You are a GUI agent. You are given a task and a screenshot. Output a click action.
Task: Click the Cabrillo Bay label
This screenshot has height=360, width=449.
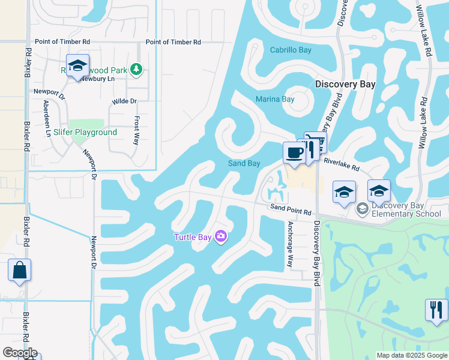coord(291,50)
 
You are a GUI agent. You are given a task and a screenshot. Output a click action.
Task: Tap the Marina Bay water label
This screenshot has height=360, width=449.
coord(275,99)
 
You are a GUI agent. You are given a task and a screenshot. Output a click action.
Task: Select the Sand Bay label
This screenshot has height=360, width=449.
coord(244,163)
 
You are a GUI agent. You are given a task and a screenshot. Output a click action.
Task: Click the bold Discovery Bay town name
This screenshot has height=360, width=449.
coord(345,84)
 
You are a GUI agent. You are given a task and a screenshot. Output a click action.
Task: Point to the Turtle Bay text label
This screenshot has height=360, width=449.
coord(193,237)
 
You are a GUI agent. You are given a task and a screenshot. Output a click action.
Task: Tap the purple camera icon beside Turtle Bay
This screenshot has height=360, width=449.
coord(221,237)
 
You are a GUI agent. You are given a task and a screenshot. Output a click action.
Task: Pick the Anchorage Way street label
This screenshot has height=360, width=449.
coord(290,244)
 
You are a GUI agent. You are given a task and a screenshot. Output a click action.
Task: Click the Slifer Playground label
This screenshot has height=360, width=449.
coord(85,132)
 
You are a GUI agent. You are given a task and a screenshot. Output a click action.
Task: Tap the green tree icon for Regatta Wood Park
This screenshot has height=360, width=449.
coord(137,70)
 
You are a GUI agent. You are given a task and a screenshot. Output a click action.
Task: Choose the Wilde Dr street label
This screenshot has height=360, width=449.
coord(124,101)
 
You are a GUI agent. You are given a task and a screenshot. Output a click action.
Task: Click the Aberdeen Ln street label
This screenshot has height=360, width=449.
coord(47,118)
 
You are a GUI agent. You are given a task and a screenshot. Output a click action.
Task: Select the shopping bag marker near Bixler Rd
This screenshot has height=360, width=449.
coord(19,271)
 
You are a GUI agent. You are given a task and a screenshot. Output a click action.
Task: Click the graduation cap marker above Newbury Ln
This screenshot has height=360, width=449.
coord(77,65)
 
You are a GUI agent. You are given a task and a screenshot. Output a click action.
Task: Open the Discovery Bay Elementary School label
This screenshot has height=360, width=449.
coord(406,209)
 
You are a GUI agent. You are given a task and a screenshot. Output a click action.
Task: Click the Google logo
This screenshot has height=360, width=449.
coord(20,353)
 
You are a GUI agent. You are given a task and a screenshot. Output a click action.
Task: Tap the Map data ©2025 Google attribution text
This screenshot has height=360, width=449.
coord(411,355)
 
